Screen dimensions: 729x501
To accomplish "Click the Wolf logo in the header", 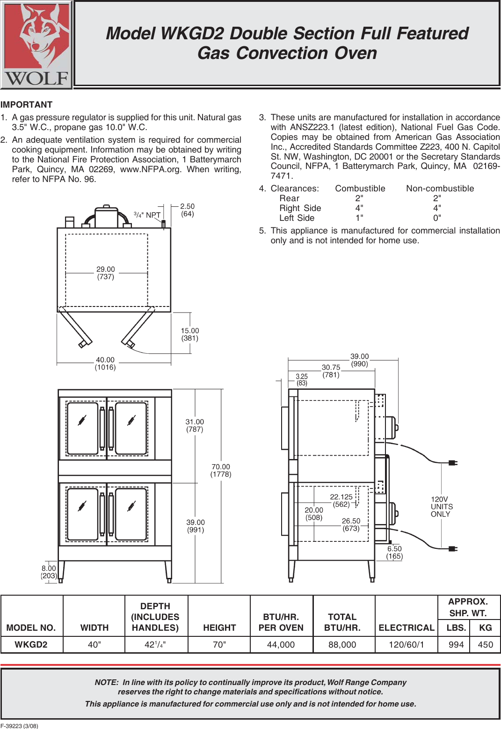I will pos(36,45).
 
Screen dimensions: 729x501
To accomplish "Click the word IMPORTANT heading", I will pos(27,105).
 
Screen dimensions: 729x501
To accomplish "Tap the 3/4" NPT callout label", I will pos(147,215).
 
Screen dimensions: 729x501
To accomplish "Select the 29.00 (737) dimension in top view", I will pos(106,273).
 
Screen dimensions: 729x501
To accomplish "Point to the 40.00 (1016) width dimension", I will pos(105,364).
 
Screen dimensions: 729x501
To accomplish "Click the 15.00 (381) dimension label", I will pos(190,335).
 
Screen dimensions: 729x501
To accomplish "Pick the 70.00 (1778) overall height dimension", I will pos(221,470).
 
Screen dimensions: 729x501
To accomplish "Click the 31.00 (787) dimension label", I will pos(195,425).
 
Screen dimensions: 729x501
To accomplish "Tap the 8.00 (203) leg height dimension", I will pos(49,572).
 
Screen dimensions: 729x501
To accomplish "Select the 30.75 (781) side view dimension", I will pos(331,371).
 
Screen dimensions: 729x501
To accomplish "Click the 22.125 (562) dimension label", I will pos(341,500).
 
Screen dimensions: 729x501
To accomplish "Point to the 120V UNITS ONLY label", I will pos(442,507).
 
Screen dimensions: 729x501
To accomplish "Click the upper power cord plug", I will pos(452,463).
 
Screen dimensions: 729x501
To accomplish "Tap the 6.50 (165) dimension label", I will pos(394,553).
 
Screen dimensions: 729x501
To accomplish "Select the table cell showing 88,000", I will pos(342,645).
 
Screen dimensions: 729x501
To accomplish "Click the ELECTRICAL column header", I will pos(406,628).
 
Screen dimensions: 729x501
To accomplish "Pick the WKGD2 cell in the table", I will pos(31,645).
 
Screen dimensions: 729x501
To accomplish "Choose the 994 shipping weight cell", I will pos(456,645).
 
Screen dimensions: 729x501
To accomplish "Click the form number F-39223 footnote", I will pos(19,726).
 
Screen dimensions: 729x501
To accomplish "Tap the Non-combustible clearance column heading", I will pos(440,189).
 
